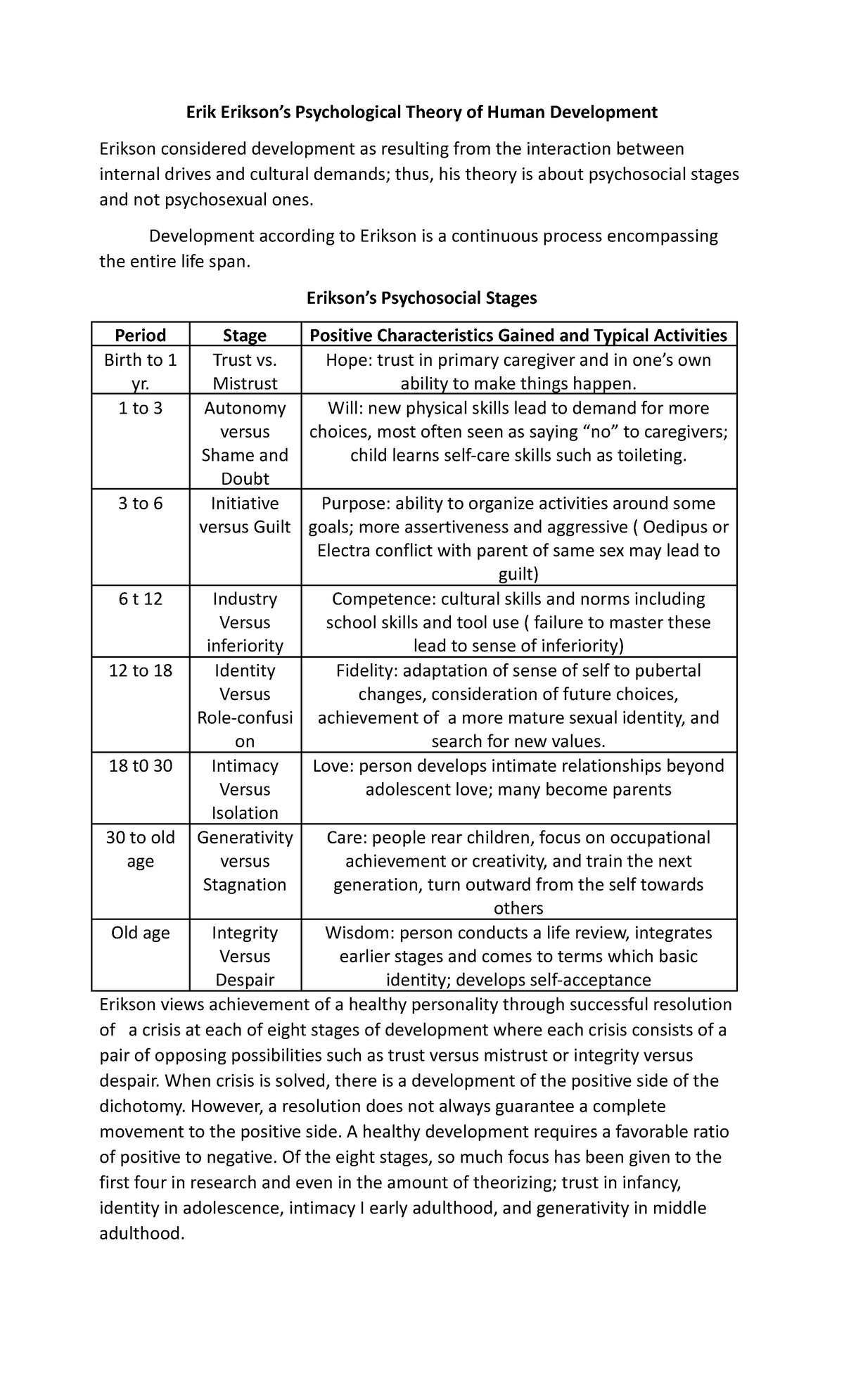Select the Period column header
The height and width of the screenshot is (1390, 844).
tap(141, 336)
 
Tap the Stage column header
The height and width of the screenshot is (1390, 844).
tap(245, 336)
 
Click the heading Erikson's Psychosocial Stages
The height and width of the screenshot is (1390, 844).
tap(421, 298)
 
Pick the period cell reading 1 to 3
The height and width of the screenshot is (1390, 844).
tap(141, 409)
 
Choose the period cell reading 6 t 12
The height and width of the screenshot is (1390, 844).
tap(141, 599)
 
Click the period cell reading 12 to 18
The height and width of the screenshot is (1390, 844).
tap(141, 670)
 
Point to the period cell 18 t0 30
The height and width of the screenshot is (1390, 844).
tap(141, 766)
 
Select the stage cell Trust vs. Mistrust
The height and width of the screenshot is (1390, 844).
tap(245, 371)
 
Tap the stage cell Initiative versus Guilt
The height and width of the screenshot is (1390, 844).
tap(245, 515)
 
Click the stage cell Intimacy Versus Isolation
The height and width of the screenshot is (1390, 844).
tap(245, 789)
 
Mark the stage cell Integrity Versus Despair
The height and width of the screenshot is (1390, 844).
tap(245, 956)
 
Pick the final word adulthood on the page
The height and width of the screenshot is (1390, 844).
tap(141, 1233)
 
